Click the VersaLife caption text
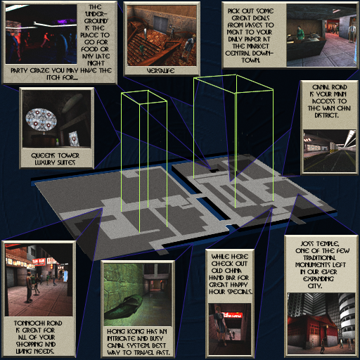click(160, 71)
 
